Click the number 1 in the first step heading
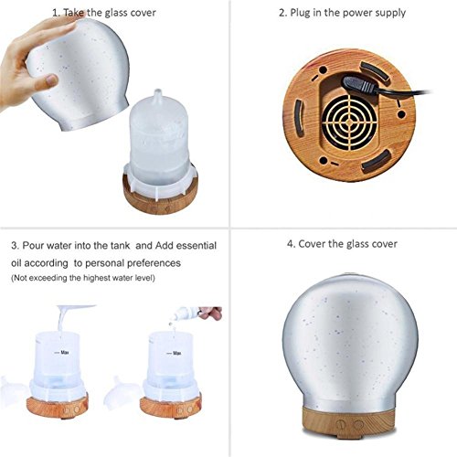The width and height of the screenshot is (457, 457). pos(56,13)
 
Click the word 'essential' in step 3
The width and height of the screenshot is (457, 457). pos(197,245)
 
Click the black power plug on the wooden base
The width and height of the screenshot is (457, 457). pos(360,85)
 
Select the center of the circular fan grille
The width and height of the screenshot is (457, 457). pos(349,122)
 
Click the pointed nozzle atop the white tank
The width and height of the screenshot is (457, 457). pos(158,95)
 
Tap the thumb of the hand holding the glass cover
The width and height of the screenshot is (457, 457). pos(45,81)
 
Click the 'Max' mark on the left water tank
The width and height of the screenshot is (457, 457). pos(62,353)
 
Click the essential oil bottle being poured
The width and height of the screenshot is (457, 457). pos(186,314)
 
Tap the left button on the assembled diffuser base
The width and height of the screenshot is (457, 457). pos(340,424)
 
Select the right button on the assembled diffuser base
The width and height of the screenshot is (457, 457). pos(358,424)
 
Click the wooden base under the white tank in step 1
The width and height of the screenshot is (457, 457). pos(161,198)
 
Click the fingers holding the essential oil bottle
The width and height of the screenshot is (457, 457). pos(211,313)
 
